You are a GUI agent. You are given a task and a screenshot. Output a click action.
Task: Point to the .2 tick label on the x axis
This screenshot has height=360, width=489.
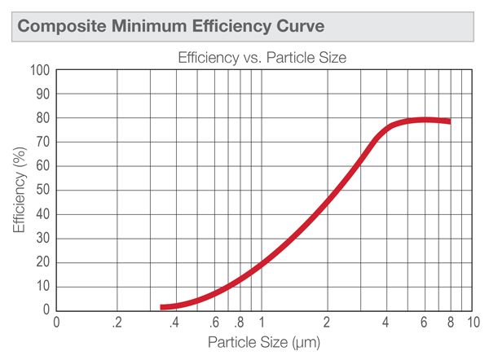tap(119, 322)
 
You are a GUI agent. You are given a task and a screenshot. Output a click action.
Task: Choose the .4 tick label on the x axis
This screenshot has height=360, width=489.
tap(174, 322)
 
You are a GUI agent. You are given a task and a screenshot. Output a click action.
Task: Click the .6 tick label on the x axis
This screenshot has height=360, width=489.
tap(214, 322)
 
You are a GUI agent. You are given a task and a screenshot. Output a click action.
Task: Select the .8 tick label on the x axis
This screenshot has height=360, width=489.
tap(239, 322)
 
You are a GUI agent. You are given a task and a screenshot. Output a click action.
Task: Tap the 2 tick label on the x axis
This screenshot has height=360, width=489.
tap(327, 322)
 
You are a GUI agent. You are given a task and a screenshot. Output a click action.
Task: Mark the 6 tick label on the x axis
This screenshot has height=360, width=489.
tap(423, 322)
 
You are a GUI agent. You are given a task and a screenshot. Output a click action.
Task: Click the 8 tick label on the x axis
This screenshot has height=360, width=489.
tap(450, 322)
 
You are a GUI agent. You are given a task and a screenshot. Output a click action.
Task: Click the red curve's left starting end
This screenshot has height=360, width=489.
tap(163, 307)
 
